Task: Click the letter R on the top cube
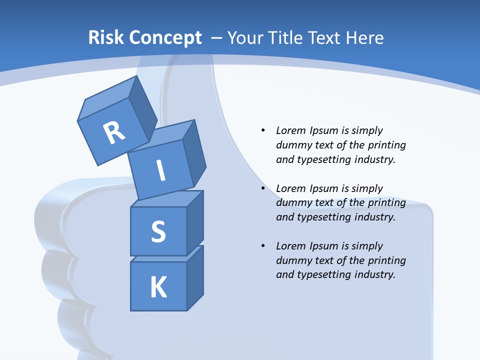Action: pos(114,132)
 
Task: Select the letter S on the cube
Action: pos(158,232)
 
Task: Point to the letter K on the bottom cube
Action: pos(158,287)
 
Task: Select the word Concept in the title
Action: pos(165,38)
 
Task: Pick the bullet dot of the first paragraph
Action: pos(263,130)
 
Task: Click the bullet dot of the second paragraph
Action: pos(263,188)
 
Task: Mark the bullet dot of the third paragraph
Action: pos(263,246)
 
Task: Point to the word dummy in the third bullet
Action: pos(291,260)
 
